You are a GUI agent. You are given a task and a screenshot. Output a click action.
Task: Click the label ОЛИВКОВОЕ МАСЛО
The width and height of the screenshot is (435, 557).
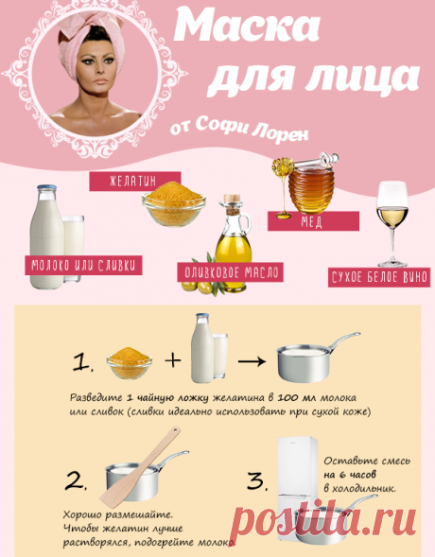pyautogui.click(x=231, y=273)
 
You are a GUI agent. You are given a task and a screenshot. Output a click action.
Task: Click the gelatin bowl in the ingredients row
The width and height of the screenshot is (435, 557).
pyautogui.click(x=172, y=200)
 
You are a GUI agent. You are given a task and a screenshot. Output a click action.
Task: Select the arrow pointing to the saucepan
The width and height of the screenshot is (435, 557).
pyautogui.click(x=249, y=360)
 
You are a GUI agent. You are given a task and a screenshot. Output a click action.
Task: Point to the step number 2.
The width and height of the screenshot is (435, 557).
pyautogui.click(x=78, y=481)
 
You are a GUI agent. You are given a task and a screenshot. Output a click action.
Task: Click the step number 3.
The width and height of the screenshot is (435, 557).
pyautogui.click(x=257, y=481)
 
